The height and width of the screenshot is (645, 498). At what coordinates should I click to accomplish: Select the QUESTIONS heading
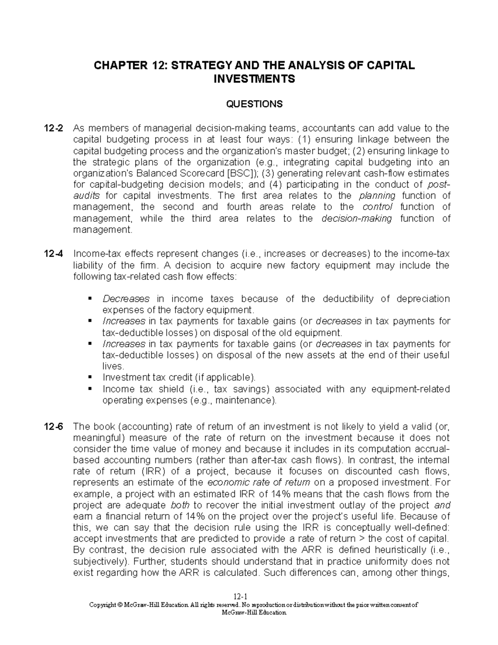(254, 104)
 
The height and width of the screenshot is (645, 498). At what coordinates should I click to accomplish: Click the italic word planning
(377, 196)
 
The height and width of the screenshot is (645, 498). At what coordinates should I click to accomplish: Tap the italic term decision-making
(356, 218)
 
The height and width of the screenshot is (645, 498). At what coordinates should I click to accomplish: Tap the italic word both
(180, 505)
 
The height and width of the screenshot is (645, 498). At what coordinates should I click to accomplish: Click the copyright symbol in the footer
(120, 605)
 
